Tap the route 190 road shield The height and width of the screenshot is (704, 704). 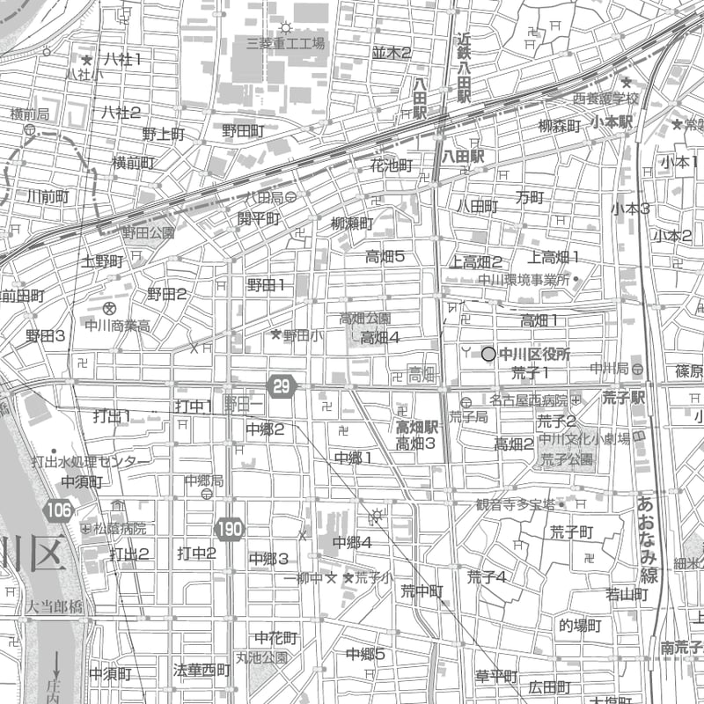click(x=228, y=529)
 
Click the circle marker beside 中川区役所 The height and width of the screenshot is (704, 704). click(x=488, y=354)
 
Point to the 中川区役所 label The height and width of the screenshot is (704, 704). click(x=534, y=354)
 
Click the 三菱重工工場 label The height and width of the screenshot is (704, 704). click(x=286, y=42)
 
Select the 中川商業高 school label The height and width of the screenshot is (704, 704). click(x=117, y=326)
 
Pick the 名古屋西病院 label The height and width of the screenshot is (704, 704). click(x=528, y=400)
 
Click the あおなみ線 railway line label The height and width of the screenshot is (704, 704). click(x=648, y=540)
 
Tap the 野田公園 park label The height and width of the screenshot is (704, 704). click(x=148, y=233)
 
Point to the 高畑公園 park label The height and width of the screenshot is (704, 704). click(x=365, y=318)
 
